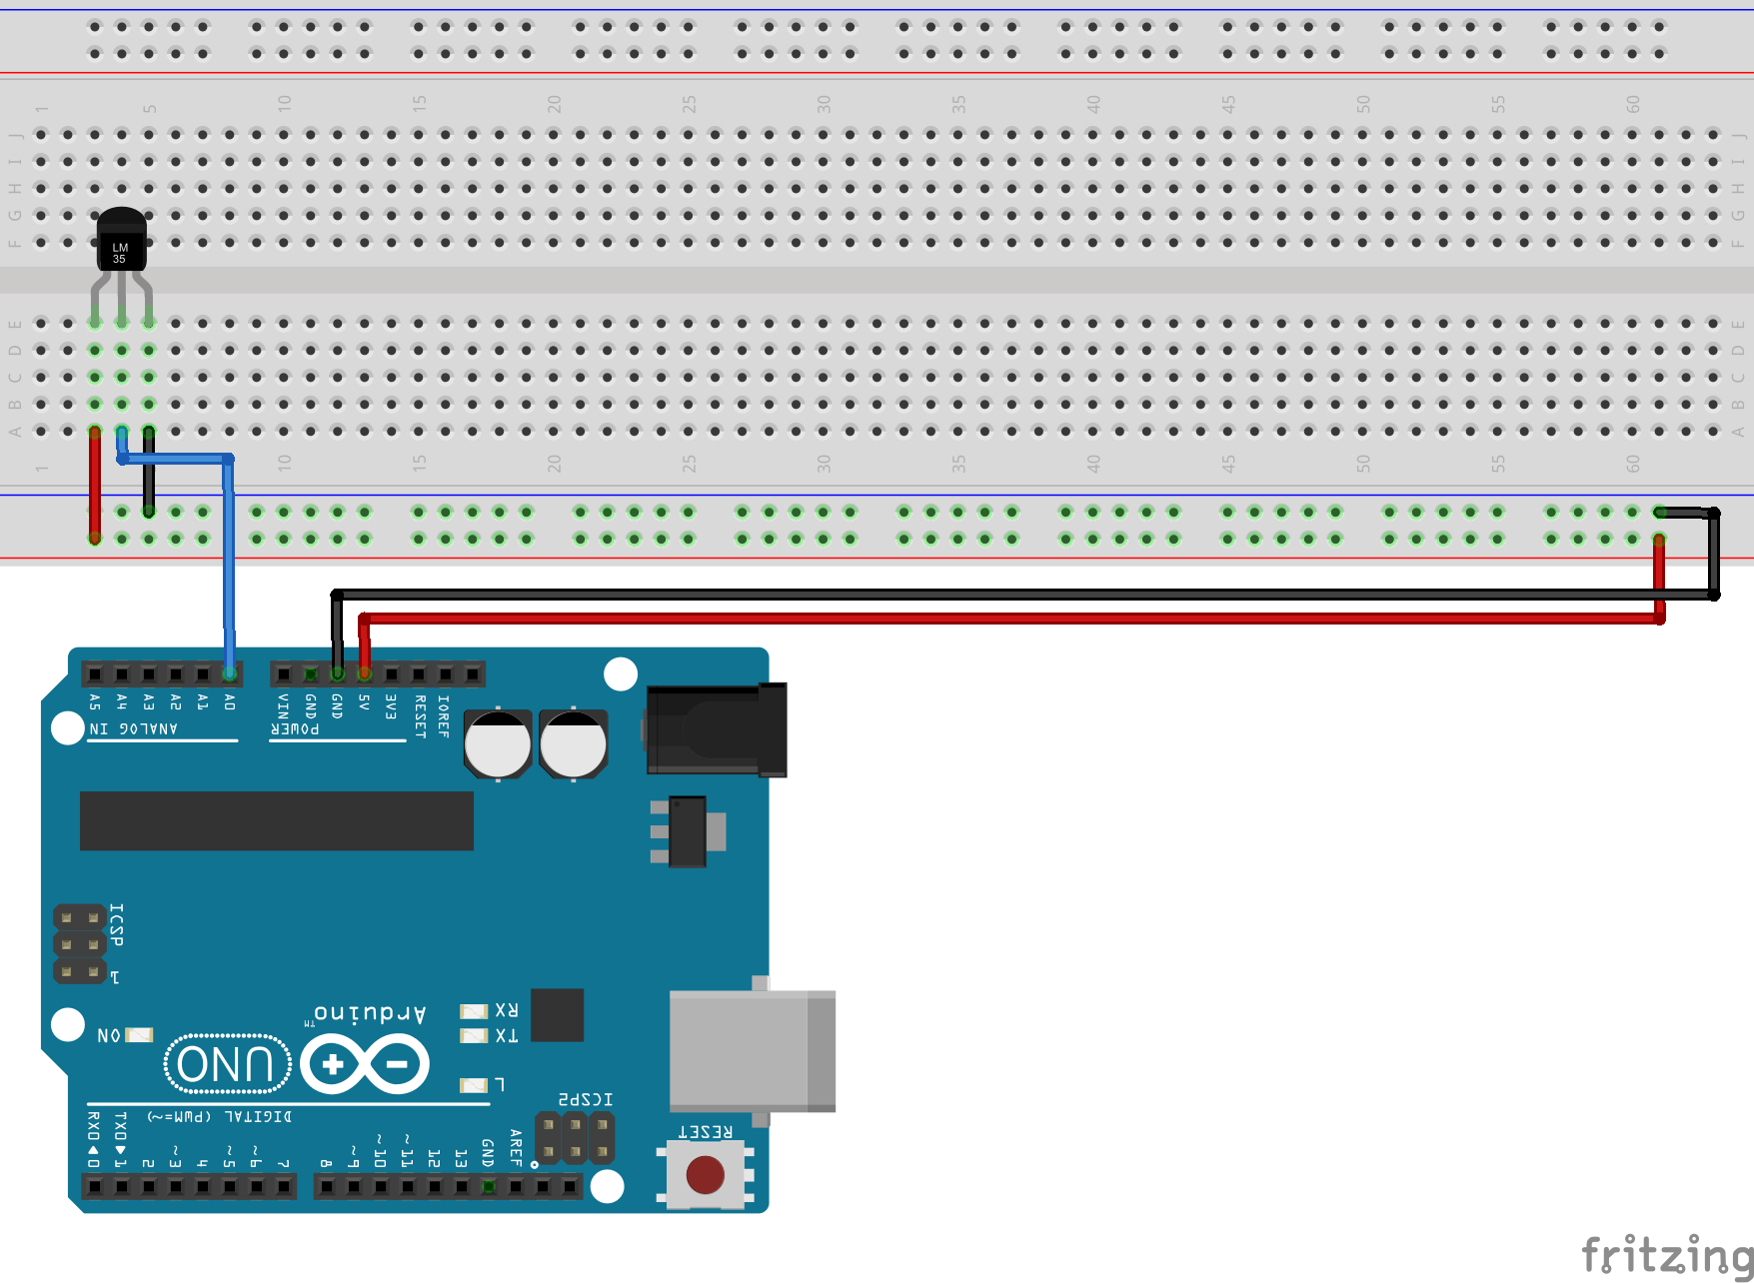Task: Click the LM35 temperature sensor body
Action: click(121, 243)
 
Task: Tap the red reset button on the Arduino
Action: click(706, 1174)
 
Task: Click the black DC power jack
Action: click(716, 730)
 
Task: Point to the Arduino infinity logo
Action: click(365, 1064)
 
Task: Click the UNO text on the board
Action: click(227, 1064)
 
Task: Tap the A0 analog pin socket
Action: click(230, 674)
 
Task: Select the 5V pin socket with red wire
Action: click(365, 674)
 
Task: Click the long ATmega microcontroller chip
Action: click(276, 820)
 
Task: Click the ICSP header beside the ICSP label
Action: click(80, 944)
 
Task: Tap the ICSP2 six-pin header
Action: click(575, 1138)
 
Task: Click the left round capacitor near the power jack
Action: click(498, 744)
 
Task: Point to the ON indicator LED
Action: click(139, 1035)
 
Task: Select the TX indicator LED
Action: click(474, 1036)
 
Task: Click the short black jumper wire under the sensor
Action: click(149, 472)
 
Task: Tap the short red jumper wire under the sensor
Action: click(95, 485)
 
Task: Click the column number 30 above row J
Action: click(824, 104)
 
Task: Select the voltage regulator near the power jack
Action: click(688, 831)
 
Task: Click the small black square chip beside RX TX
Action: click(557, 1015)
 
